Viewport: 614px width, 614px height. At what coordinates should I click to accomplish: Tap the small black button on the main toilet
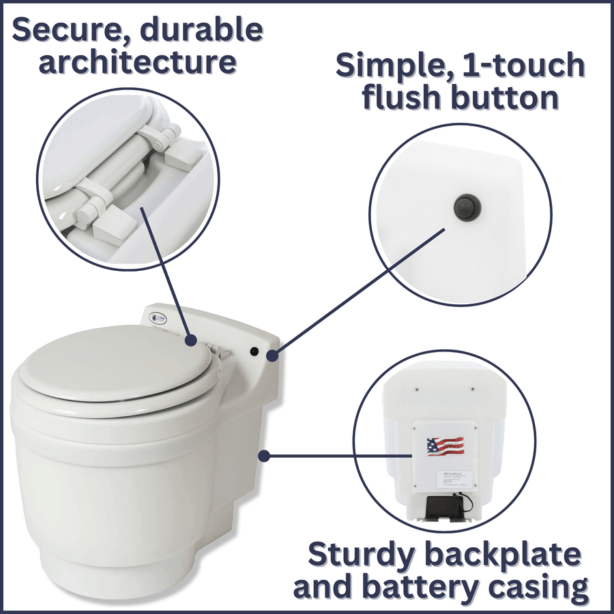(x=253, y=351)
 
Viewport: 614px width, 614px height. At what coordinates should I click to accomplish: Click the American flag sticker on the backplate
(x=445, y=447)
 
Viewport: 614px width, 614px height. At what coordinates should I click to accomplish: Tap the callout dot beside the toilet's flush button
(x=272, y=355)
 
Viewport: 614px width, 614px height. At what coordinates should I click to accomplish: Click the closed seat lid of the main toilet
(x=113, y=362)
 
